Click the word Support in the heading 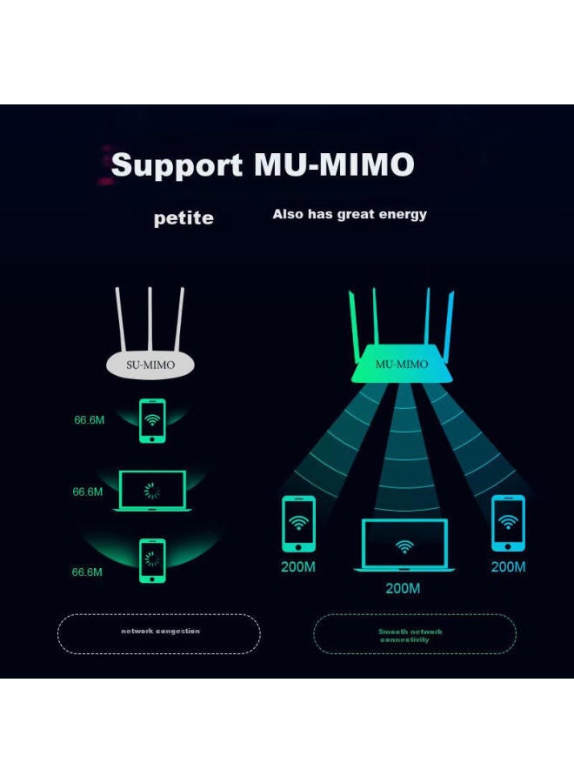[x=177, y=164]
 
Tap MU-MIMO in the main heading [x=334, y=164]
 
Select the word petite [x=184, y=218]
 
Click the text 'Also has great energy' [x=350, y=214]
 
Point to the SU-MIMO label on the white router [x=150, y=365]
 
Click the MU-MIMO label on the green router [x=401, y=365]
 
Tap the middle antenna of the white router [x=150, y=318]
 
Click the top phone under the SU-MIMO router [x=152, y=420]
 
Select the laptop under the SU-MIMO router [x=152, y=491]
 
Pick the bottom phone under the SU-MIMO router [x=152, y=559]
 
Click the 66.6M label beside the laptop [x=88, y=492]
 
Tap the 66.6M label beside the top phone [x=89, y=420]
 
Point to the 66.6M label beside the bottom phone [x=88, y=572]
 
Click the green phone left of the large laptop [x=298, y=523]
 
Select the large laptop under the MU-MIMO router [x=404, y=545]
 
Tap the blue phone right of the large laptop [x=507, y=523]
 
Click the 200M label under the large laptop [x=403, y=589]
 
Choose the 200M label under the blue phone [x=508, y=567]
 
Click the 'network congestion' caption [x=160, y=632]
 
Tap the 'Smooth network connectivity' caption [x=410, y=636]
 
